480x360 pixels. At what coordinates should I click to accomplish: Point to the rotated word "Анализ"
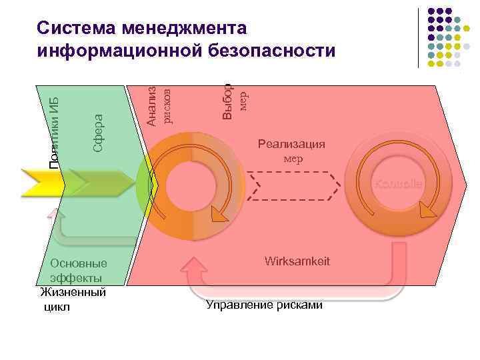click(152, 106)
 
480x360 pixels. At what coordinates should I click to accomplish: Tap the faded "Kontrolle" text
click(397, 183)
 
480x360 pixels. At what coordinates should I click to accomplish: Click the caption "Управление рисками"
click(264, 305)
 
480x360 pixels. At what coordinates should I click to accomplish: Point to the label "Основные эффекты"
click(77, 270)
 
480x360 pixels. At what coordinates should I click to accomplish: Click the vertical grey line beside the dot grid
click(419, 37)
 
